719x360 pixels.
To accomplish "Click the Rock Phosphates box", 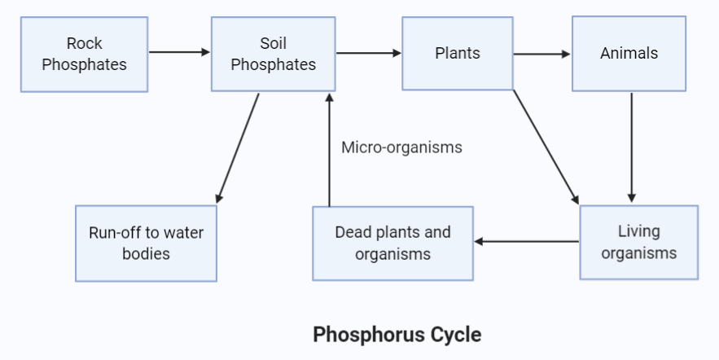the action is point(85,55).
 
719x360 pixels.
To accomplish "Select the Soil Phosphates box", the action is point(274,54).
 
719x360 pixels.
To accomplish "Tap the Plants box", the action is point(458,54).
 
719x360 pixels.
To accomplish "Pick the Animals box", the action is point(629,54).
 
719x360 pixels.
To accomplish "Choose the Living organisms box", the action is point(639,242).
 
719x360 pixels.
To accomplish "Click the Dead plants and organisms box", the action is point(393,243).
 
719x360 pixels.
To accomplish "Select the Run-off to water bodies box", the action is point(147,243).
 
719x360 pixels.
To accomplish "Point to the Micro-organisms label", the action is point(401,147).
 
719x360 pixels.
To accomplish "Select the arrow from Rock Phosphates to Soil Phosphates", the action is point(179,52).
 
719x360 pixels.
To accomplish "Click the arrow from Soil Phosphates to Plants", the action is point(369,53).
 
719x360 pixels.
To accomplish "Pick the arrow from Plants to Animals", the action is point(542,54).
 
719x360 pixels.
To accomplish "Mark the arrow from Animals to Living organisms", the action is point(631,147).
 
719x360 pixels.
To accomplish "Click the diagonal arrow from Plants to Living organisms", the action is point(546,147).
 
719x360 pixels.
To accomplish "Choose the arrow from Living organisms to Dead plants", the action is point(526,241).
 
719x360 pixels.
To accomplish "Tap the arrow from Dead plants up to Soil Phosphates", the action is point(329,150).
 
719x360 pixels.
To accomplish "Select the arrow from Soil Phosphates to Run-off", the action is point(238,148).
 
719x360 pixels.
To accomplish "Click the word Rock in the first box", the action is point(85,43).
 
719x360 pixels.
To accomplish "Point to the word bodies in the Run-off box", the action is point(147,253).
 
